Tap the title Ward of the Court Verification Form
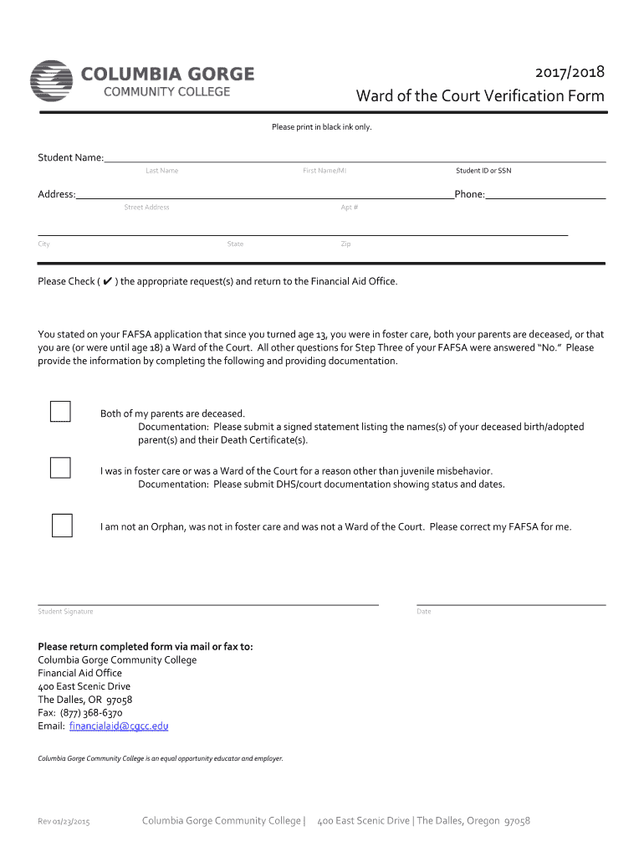(480, 96)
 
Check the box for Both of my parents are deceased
(60, 412)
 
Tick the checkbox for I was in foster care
(60, 467)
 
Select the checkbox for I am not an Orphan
(62, 525)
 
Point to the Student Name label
(70, 158)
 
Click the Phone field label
(469, 194)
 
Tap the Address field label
(56, 194)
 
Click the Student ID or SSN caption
(483, 171)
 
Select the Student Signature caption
(65, 612)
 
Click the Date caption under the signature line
(424, 612)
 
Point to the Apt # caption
(350, 208)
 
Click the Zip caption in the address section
(345, 244)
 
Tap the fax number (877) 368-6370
(91, 713)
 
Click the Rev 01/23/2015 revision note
(64, 822)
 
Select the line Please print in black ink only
(321, 127)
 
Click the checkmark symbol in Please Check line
(107, 282)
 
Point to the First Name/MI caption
(325, 171)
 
